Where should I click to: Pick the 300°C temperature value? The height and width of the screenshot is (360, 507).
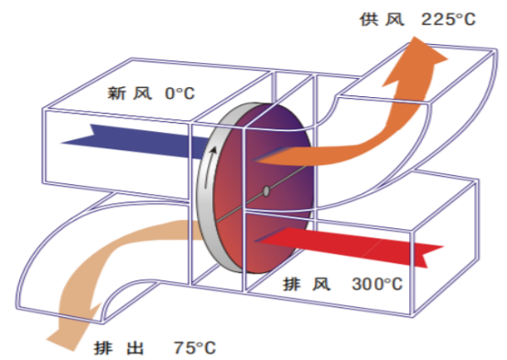point(377,283)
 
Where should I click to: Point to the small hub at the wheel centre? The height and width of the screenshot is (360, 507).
point(265,191)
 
